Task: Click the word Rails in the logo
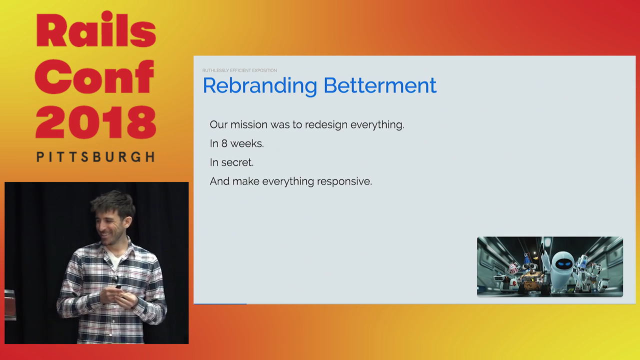click(x=95, y=31)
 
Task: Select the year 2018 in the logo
click(x=95, y=123)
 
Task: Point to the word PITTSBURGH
click(x=95, y=157)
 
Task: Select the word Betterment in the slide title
click(x=379, y=85)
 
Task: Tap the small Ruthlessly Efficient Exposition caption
click(x=239, y=70)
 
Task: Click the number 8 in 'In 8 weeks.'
click(x=224, y=143)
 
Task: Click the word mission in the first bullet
click(x=248, y=124)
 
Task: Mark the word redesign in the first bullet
click(x=325, y=125)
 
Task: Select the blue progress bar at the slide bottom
click(x=220, y=303)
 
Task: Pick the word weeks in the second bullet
click(x=246, y=143)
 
